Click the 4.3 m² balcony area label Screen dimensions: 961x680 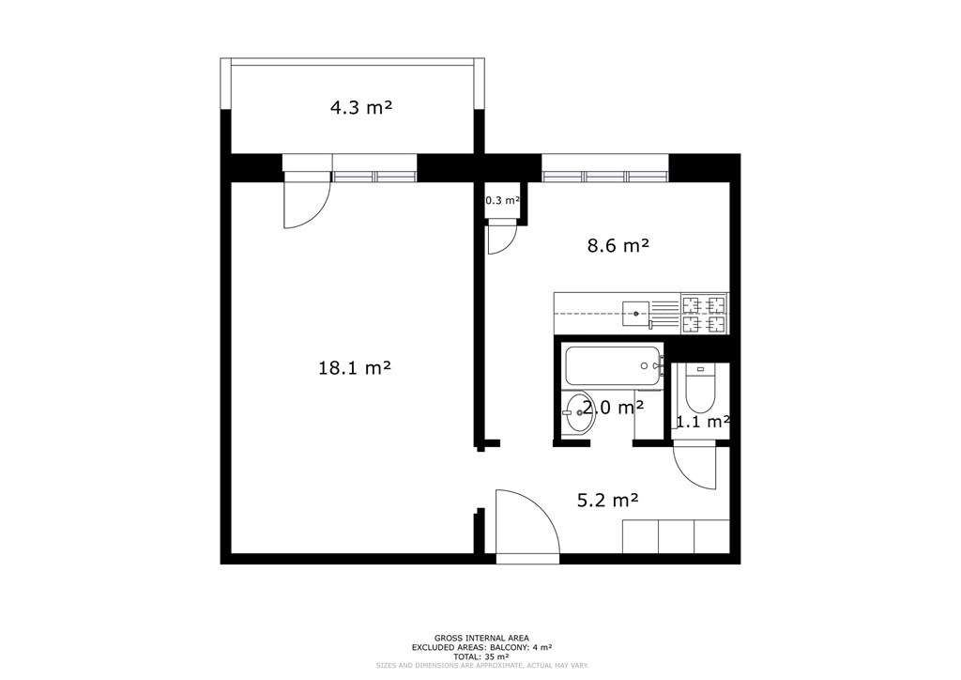point(361,108)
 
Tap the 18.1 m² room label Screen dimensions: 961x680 point(355,368)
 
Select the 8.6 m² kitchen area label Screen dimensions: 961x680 point(618,246)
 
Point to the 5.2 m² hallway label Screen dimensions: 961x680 point(608,501)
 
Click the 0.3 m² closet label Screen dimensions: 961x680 point(503,200)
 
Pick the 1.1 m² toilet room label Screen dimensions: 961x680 point(702,422)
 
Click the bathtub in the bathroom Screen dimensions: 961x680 point(614,366)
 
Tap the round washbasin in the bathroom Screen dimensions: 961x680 point(577,412)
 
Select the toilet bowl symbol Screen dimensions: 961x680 point(700,389)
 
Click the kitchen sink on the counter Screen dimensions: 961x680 point(636,314)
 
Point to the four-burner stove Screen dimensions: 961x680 point(704,314)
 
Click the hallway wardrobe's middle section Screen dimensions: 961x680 point(676,536)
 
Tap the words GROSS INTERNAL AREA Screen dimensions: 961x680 point(481,639)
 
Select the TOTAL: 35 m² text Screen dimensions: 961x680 point(481,657)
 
